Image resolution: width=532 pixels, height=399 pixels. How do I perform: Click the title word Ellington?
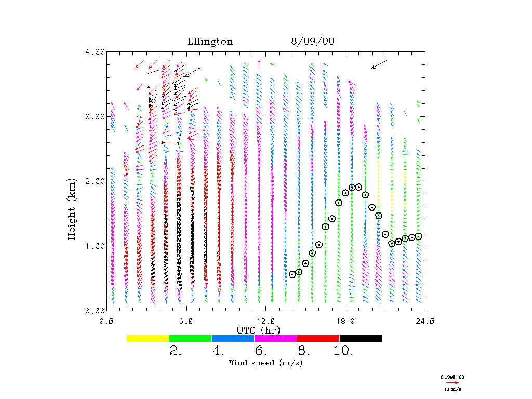coord(210,42)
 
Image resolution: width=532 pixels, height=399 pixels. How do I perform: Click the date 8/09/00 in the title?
coord(312,42)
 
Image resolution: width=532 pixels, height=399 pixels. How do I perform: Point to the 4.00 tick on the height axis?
coord(95,52)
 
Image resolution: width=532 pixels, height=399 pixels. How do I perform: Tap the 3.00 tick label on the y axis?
coord(95,116)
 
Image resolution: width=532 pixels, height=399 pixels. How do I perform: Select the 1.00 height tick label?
coord(95,246)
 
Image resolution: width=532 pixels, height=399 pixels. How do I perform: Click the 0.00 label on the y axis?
coord(95,310)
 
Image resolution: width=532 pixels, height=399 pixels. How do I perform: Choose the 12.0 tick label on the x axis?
coord(266,322)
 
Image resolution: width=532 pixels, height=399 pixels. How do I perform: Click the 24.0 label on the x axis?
coord(424,322)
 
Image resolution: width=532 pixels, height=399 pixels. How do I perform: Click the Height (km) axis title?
coord(72,208)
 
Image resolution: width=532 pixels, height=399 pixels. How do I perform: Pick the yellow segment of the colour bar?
coord(148,338)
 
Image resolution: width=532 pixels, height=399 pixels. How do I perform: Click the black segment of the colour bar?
coord(361,338)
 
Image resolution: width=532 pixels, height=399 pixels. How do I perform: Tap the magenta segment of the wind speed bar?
coord(275,338)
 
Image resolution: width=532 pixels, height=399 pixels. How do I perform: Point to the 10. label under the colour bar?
coord(343,351)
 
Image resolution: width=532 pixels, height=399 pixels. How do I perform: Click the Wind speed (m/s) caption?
coord(265,363)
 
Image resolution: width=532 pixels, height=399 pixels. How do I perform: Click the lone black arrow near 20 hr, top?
coord(379,64)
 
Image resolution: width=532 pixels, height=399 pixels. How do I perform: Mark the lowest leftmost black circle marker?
coord(292,274)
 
